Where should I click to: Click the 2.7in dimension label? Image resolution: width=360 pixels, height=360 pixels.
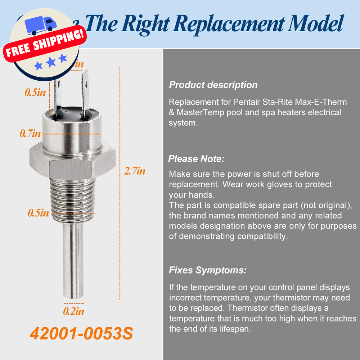point(134,171)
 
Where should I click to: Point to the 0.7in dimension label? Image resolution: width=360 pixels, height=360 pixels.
point(30,134)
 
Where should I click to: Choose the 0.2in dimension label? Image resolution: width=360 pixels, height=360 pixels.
point(73,311)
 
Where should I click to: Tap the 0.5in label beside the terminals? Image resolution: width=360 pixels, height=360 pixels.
point(35,93)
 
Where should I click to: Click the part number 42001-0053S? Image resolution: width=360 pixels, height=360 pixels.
point(81,334)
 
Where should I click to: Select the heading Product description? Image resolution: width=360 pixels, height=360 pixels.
point(213,85)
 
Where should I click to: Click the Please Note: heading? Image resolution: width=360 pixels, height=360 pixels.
point(197,159)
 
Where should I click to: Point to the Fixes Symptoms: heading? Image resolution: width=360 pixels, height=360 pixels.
point(208,270)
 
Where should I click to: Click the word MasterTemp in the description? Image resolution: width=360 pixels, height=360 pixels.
point(200,112)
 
